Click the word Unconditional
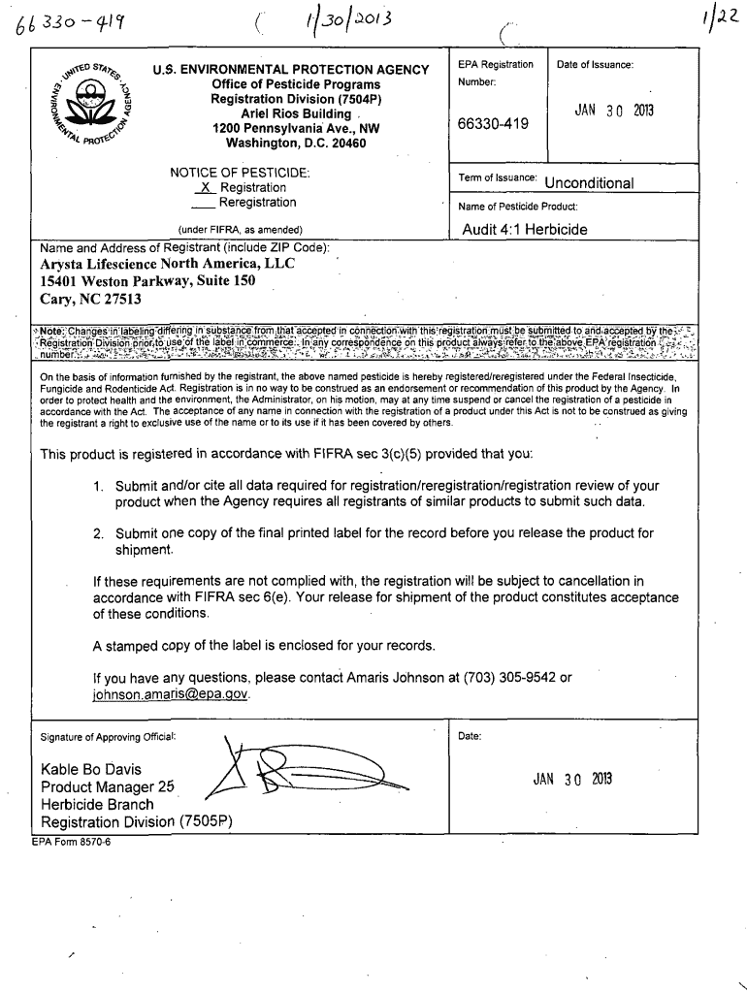point(590,183)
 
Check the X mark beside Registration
point(205,187)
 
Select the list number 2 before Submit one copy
point(98,533)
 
